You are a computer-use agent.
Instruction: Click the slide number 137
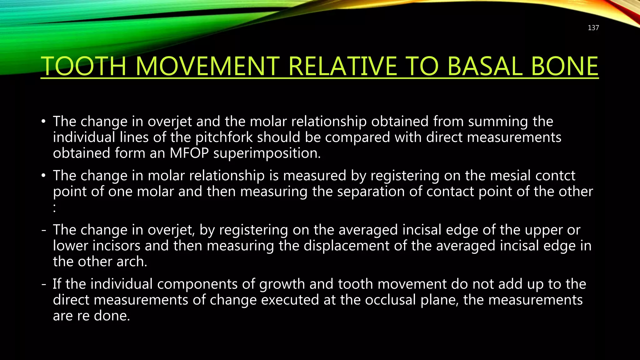pyautogui.click(x=593, y=28)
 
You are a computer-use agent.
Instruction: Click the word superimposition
pyautogui.click(x=267, y=153)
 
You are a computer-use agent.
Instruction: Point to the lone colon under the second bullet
pyautogui.click(x=55, y=208)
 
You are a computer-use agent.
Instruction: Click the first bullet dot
pyautogui.click(x=43, y=122)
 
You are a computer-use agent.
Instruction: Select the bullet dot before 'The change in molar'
pyautogui.click(x=43, y=176)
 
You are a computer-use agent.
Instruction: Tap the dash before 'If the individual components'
pyautogui.click(x=44, y=284)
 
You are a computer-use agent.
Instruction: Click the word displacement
pyautogui.click(x=346, y=246)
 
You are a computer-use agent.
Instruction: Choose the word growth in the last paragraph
pyautogui.click(x=282, y=284)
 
